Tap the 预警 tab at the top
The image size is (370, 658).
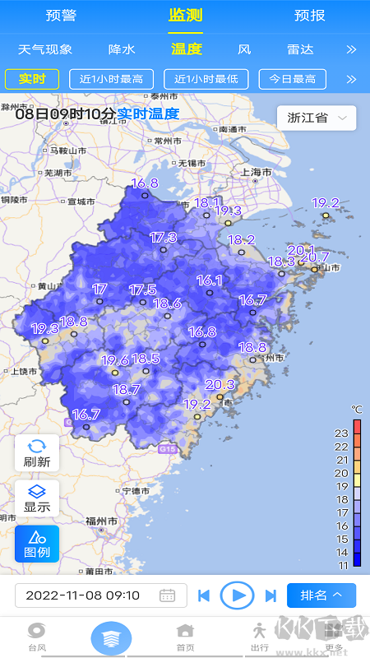(61, 16)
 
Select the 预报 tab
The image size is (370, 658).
(309, 16)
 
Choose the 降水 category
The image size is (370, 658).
(122, 49)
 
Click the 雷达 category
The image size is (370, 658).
(300, 49)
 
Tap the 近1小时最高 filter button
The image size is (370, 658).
(112, 79)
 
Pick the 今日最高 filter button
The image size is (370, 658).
(292, 79)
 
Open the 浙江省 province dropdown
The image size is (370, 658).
(317, 118)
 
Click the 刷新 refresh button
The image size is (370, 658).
(37, 453)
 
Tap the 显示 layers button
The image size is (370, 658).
(37, 498)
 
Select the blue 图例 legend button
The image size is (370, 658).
(37, 544)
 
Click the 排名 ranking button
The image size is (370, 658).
(321, 595)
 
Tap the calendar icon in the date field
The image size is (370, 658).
(167, 595)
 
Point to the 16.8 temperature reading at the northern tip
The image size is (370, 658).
(144, 183)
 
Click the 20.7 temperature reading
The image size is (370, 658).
(315, 257)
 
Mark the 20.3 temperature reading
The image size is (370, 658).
(220, 385)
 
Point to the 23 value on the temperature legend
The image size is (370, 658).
(342, 433)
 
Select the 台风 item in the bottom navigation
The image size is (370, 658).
(37, 637)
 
